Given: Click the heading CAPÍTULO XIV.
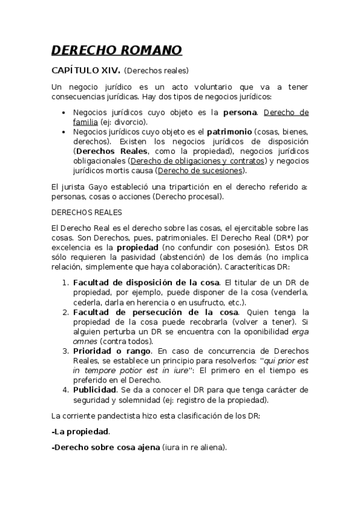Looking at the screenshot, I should [86, 70].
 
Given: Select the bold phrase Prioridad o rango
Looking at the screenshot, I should [108, 351].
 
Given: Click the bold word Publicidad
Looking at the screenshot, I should [94, 390].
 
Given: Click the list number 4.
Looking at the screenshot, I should [66, 390].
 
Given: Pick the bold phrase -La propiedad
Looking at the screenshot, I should [81, 431].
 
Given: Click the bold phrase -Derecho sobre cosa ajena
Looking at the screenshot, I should [106, 447].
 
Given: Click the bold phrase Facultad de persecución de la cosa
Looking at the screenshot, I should [156, 312].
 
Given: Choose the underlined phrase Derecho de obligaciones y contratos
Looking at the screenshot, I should [197, 161].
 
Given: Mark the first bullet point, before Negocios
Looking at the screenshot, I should [64, 112].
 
